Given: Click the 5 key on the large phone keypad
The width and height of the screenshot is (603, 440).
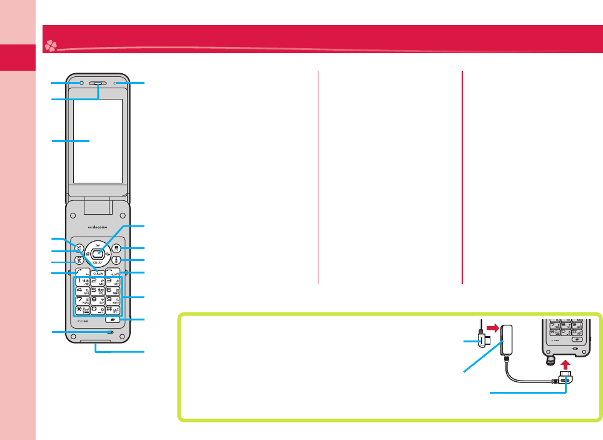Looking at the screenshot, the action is click(97, 291).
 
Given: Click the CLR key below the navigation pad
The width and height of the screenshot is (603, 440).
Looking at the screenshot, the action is click(97, 272).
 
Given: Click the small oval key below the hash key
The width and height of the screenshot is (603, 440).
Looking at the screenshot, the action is click(113, 320).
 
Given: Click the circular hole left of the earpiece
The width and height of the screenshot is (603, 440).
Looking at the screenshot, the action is click(79, 83).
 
